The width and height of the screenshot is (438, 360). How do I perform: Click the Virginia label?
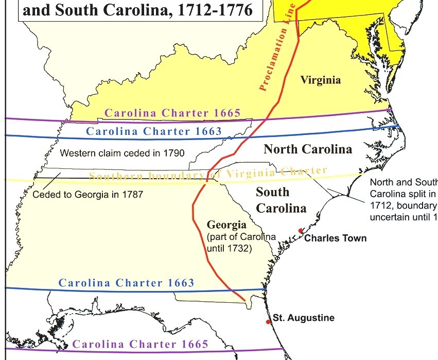coord(321,80)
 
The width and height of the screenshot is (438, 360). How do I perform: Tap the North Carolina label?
coord(308,149)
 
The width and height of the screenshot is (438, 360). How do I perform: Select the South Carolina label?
coord(281,200)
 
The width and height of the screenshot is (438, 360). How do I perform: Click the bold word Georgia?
coord(227,225)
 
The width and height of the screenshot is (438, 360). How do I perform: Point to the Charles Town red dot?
coord(300,231)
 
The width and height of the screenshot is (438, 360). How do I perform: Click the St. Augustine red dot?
coord(268,322)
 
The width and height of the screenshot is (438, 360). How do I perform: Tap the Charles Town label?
coord(336,238)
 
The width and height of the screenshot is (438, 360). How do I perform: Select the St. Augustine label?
coord(303,318)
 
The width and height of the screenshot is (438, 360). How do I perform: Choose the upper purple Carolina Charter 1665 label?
coord(172,113)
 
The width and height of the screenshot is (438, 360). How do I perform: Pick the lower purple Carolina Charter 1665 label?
coord(141,345)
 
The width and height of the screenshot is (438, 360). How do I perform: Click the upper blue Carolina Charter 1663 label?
coord(154,131)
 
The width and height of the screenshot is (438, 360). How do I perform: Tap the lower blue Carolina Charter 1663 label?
coord(127,283)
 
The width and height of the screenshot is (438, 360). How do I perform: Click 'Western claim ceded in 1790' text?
coord(122,153)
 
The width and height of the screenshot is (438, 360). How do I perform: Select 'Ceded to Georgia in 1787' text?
coord(87,195)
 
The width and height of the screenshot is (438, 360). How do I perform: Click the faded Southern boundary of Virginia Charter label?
coord(208,174)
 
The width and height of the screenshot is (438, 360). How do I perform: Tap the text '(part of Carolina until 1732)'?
coord(241,242)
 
